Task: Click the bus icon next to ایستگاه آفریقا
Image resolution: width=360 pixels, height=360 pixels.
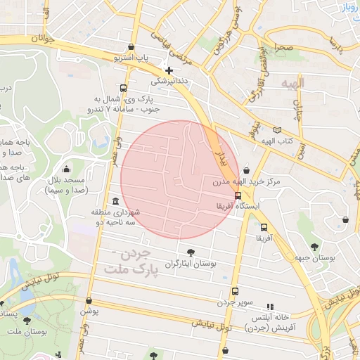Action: tap(238, 195)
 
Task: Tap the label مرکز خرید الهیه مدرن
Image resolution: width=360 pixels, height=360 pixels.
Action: tap(247, 181)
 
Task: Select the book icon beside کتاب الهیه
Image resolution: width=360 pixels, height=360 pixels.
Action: tap(278, 130)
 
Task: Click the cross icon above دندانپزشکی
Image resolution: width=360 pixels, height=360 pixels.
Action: tap(168, 70)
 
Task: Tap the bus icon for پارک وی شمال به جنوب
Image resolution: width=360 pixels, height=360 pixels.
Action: tap(124, 89)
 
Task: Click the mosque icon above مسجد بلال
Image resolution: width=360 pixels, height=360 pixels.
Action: tap(66, 169)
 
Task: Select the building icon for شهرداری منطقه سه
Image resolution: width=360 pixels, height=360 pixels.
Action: tap(115, 202)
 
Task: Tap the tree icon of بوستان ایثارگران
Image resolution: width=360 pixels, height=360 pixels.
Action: tap(191, 252)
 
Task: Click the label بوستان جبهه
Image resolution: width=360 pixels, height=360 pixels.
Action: tap(314, 258)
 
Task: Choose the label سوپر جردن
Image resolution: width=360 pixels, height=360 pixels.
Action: tap(234, 302)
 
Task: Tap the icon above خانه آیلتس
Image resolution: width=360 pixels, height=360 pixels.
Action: tap(269, 306)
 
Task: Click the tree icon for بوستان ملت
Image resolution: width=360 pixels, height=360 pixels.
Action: tap(27, 321)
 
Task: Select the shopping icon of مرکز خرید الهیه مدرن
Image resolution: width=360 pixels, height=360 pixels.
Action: tap(245, 170)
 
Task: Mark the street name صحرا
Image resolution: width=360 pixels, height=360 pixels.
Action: tap(284, 49)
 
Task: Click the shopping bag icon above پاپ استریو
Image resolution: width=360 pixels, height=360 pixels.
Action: tap(131, 47)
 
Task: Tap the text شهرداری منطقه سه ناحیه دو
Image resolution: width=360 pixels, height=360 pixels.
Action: tap(116, 217)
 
